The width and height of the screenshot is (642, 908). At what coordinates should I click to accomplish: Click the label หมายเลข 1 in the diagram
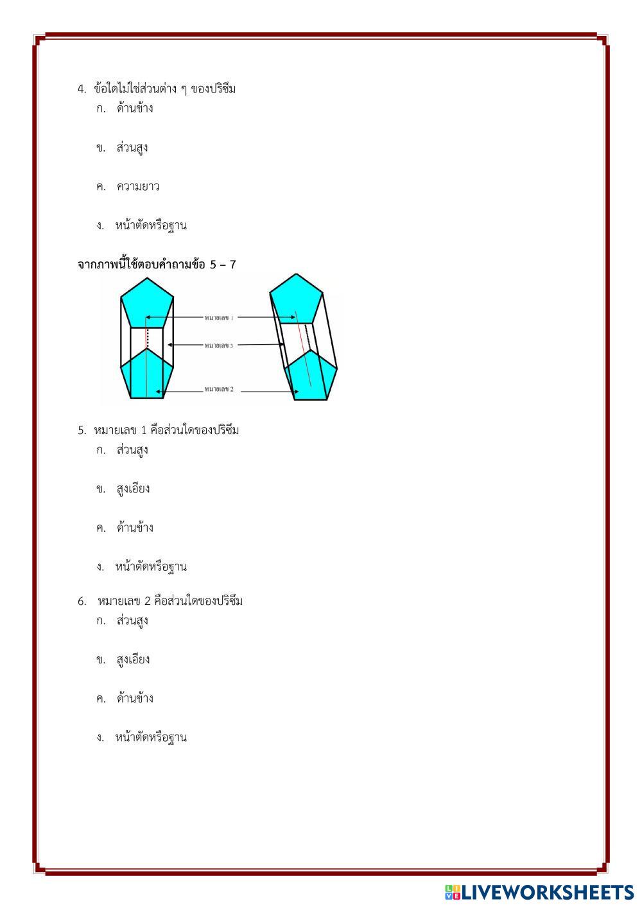tap(219, 317)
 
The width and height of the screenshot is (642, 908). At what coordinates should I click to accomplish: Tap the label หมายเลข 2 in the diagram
tap(219, 389)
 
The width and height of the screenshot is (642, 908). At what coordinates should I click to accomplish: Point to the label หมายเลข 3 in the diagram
tap(219, 345)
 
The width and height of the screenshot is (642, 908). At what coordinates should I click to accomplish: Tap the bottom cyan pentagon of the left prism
tap(147, 376)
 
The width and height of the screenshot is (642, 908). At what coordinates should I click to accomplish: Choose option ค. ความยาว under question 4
tap(137, 187)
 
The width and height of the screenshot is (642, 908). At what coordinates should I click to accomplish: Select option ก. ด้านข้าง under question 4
tap(134, 108)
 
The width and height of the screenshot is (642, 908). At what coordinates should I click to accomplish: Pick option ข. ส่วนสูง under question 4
tap(132, 148)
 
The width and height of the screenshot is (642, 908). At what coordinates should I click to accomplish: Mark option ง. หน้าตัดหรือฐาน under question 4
tap(151, 226)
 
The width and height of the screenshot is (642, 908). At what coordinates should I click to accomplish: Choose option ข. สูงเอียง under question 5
tap(133, 489)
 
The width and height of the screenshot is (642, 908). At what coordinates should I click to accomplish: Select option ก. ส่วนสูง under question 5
tap(132, 450)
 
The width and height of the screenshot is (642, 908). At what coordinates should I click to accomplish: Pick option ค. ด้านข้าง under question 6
tap(134, 699)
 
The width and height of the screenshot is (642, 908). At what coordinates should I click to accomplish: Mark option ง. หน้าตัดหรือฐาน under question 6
tap(151, 738)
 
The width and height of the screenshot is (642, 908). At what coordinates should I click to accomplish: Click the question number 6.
tap(82, 602)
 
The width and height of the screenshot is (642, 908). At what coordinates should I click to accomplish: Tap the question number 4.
tap(82, 89)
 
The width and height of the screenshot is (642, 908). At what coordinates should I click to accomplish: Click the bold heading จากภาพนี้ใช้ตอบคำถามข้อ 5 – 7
tap(157, 265)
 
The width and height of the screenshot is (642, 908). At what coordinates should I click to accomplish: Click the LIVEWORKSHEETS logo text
tap(547, 892)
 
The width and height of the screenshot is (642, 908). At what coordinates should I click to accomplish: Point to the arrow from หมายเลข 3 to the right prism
tap(260, 345)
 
